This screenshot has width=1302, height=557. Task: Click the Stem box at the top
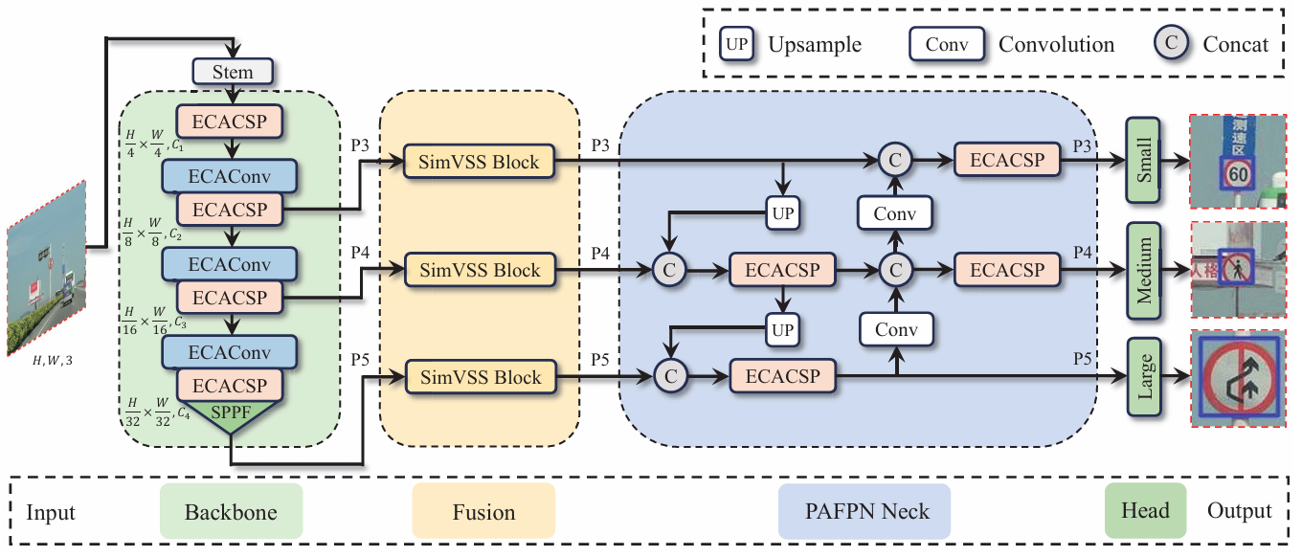click(233, 72)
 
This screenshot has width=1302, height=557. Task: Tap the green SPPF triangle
click(231, 416)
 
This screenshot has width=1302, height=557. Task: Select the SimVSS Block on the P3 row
click(479, 162)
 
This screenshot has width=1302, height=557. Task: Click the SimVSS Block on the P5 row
click(481, 377)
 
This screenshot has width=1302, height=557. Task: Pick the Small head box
click(1143, 160)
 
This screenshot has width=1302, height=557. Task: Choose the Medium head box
click(1143, 271)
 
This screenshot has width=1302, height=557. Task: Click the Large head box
click(1144, 377)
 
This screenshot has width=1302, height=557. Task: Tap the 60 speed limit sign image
click(1238, 161)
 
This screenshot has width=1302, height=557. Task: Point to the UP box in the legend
click(736, 44)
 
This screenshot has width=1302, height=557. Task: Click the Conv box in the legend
click(946, 44)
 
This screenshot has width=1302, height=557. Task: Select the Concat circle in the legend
click(1171, 43)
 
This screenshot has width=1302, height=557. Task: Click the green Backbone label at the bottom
click(232, 511)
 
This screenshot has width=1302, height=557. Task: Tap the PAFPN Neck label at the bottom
click(864, 511)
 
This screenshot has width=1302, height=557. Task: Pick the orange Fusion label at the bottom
click(483, 511)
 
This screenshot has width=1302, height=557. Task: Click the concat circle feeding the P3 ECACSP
click(895, 160)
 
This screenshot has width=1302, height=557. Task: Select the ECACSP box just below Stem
click(230, 122)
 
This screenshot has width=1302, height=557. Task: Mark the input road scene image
click(47, 268)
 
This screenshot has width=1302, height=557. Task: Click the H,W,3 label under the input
click(53, 361)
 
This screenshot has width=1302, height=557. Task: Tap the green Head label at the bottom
click(1145, 510)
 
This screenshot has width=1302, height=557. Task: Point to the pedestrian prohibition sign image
click(1238, 270)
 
